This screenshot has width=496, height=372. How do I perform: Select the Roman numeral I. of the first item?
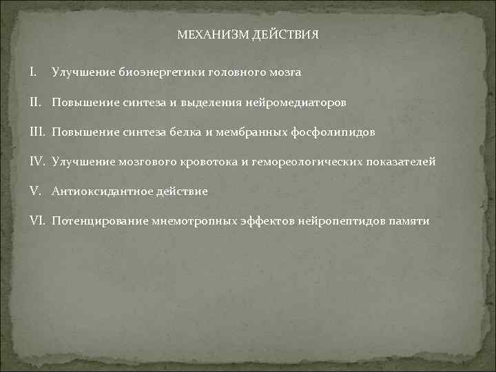pyautogui.click(x=34, y=72)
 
